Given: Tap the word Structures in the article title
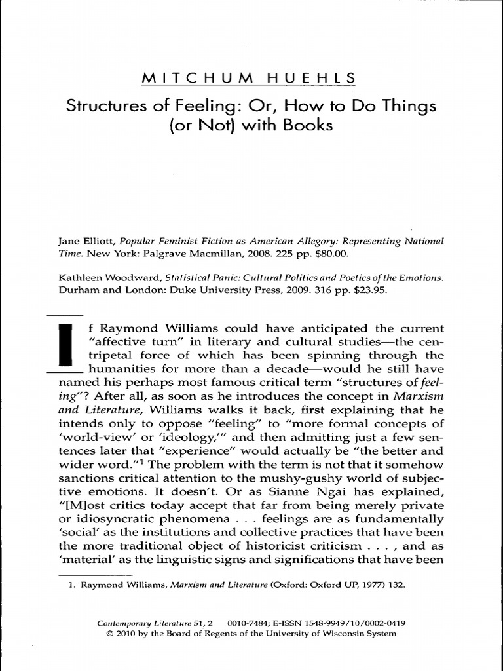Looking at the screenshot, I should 108,105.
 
